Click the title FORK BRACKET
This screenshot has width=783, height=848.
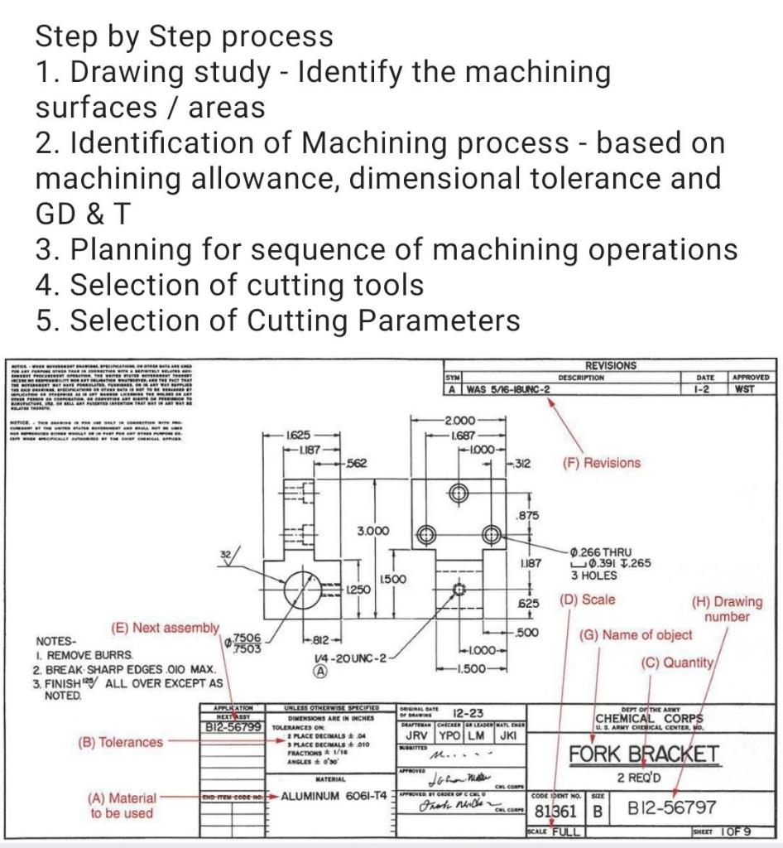tap(642, 754)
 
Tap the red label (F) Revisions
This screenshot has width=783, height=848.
tap(601, 463)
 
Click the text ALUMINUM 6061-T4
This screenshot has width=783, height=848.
tap(334, 796)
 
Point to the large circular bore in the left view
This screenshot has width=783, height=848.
tap(308, 588)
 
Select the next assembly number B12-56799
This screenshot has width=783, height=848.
tap(233, 726)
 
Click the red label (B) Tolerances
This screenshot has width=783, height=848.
tap(121, 742)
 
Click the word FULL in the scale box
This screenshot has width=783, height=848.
tap(564, 831)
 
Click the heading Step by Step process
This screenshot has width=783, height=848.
tap(184, 36)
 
